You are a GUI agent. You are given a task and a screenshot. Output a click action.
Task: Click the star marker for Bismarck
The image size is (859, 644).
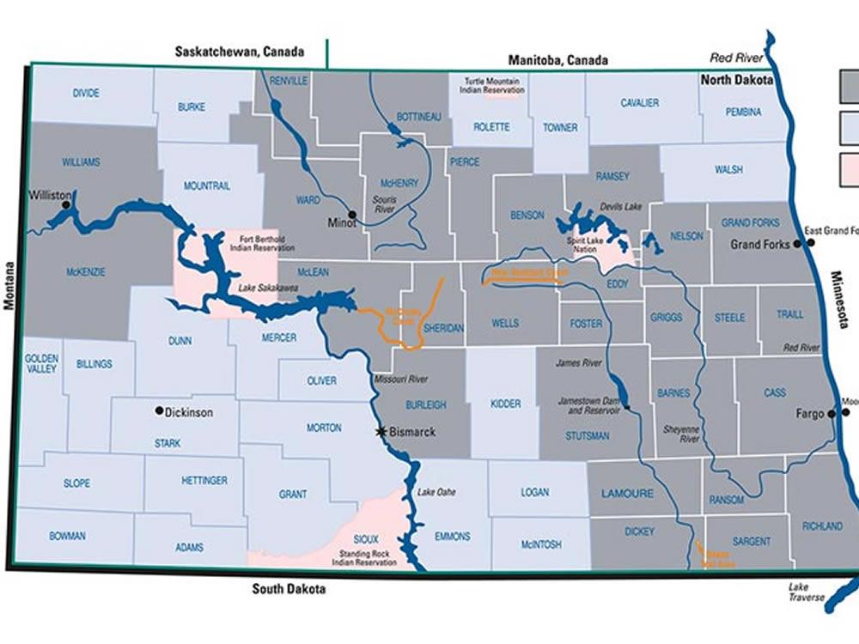pos(381,432)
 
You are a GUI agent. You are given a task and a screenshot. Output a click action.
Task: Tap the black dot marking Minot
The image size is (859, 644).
pos(352,214)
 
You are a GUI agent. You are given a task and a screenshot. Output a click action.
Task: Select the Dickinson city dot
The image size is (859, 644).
pos(159,411)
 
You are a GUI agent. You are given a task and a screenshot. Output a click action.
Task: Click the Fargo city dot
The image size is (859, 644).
pos(832,414)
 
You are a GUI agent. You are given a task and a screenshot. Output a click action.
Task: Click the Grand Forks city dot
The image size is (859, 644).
pos(798,244)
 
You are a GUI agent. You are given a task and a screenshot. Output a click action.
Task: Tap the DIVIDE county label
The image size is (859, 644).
pos(86,93)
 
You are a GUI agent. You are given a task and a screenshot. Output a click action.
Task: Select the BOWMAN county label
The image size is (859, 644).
pos(67,536)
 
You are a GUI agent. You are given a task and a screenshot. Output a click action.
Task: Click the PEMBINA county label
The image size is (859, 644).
pos(742,112)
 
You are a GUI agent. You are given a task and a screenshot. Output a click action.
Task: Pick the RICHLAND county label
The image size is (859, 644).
pos(822,526)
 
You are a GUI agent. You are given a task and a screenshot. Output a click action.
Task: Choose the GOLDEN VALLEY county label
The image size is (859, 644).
pos(40,362)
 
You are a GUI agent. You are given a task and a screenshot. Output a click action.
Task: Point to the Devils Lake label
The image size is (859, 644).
pos(621,207)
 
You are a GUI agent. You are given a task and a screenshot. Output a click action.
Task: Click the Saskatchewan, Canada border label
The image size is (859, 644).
pos(239,52)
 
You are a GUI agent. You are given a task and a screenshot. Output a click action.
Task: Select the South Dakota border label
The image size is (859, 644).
pos(289,589)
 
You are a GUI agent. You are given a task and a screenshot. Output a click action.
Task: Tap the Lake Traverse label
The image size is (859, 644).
pos(807,592)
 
